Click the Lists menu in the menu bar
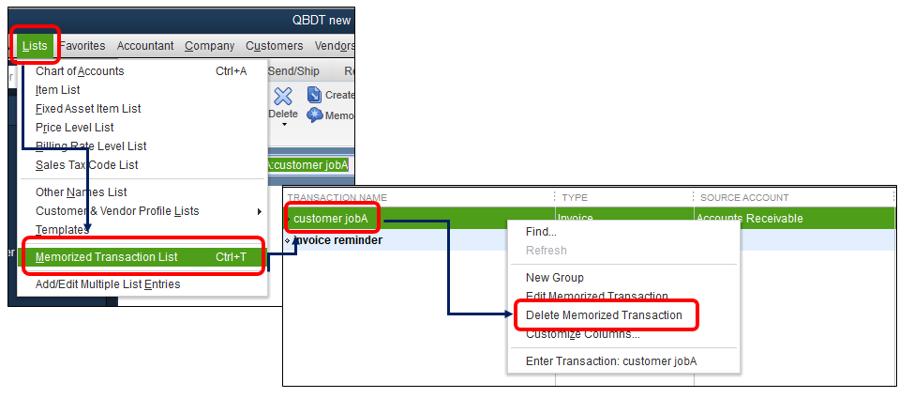pos(34,45)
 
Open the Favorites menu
pos(82,45)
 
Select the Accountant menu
pos(145,45)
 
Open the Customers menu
pos(274,45)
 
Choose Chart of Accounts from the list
pos(80,71)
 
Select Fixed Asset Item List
pos(88,109)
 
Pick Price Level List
pos(75,128)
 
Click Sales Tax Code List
pos(86,165)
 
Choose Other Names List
pos(81,192)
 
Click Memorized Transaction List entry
pos(106,257)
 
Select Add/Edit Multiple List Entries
pos(108,284)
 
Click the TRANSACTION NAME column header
pos(337,197)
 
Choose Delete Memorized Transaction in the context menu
pos(604,315)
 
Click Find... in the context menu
pos(541,232)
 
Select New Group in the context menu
pos(554,278)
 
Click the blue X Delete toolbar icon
pos(283,97)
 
